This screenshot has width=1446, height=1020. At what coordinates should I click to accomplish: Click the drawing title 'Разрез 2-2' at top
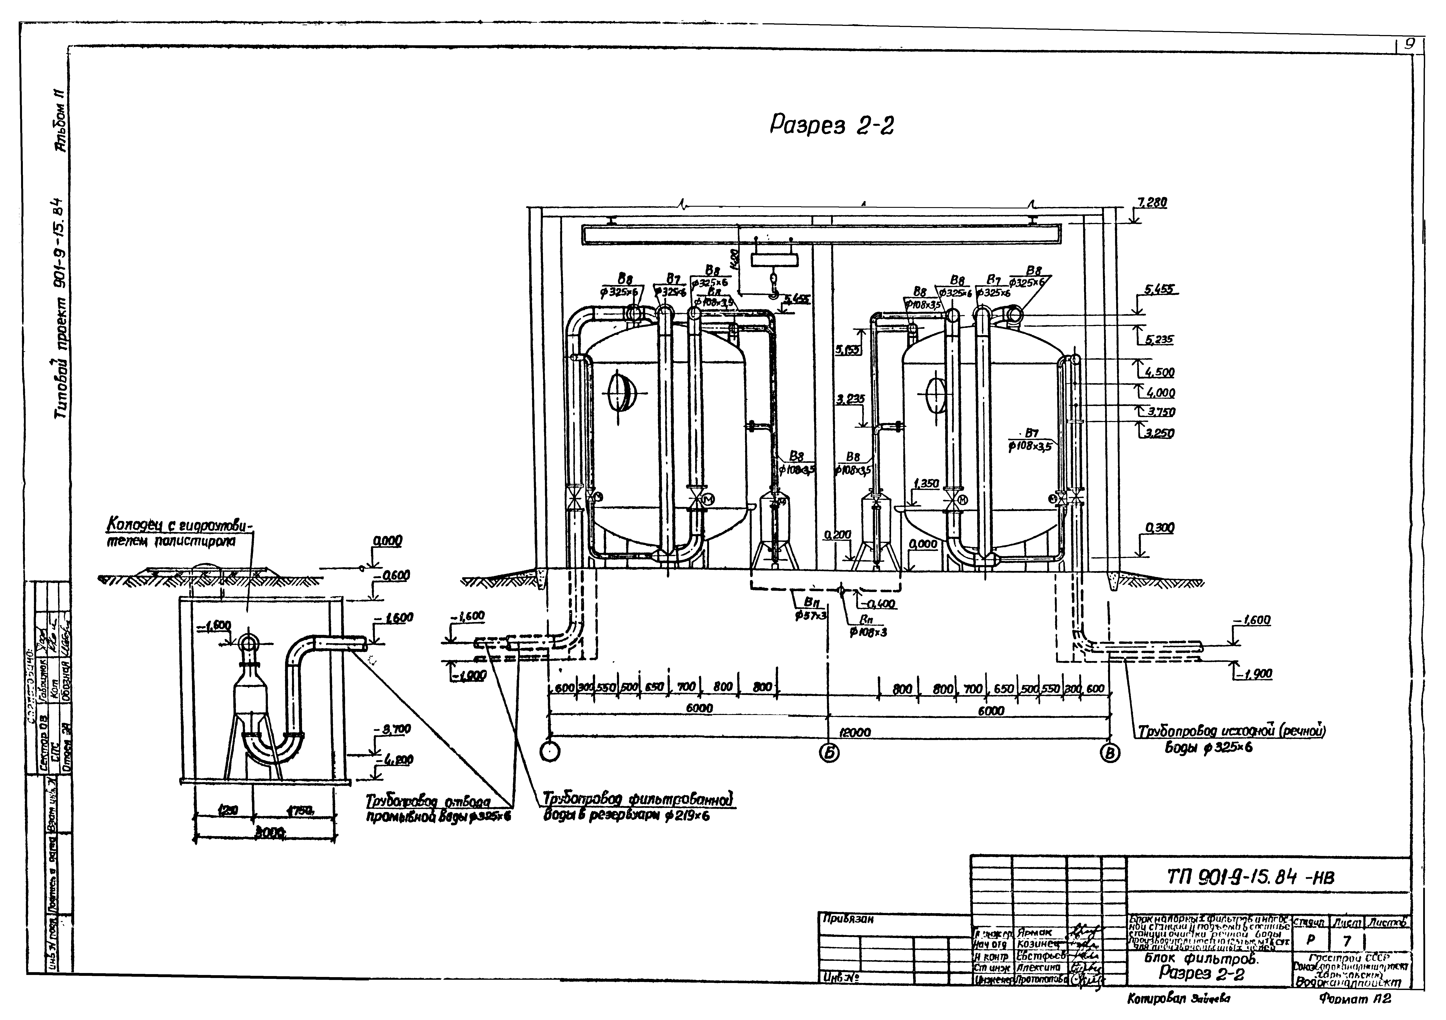point(831,126)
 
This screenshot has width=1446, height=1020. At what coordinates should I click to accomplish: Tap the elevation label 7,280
point(1152,203)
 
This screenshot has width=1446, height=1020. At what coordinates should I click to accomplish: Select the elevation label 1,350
point(926,483)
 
